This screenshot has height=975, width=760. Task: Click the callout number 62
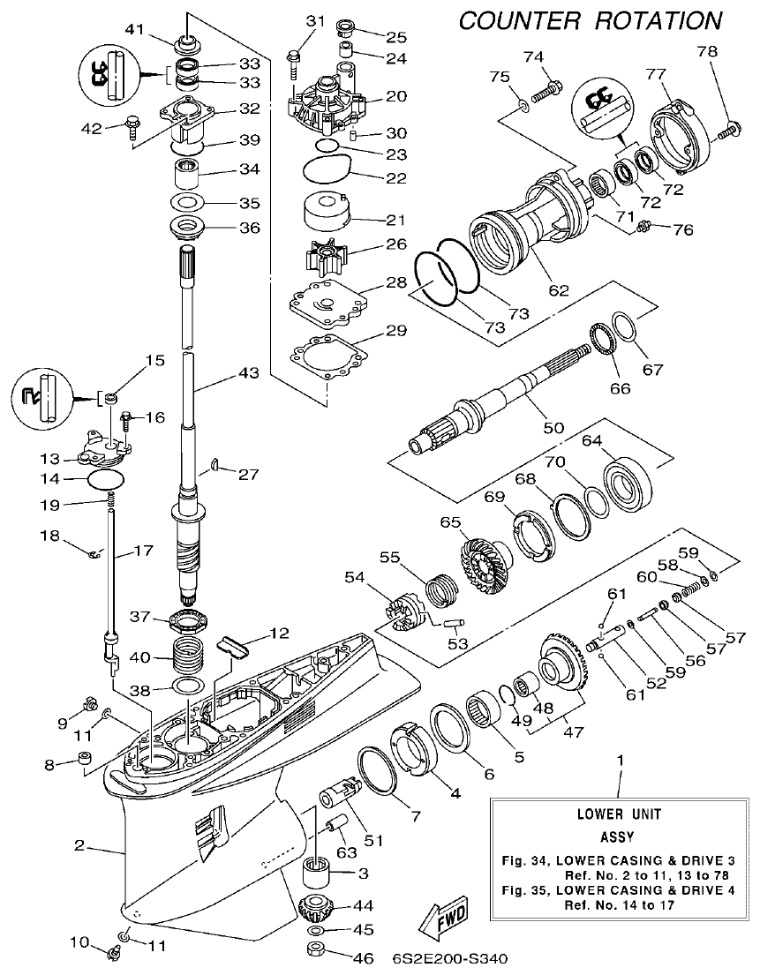pos(559,289)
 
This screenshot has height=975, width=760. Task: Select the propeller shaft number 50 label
pos(553,427)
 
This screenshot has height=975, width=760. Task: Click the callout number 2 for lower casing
pos(79,845)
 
